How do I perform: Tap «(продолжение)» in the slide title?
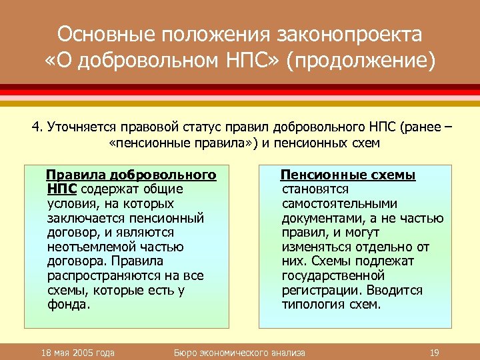[x=361, y=61]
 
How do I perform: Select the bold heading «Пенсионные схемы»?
[x=348, y=175]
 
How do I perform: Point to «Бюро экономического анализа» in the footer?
[x=239, y=352]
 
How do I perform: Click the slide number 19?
[x=434, y=352]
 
